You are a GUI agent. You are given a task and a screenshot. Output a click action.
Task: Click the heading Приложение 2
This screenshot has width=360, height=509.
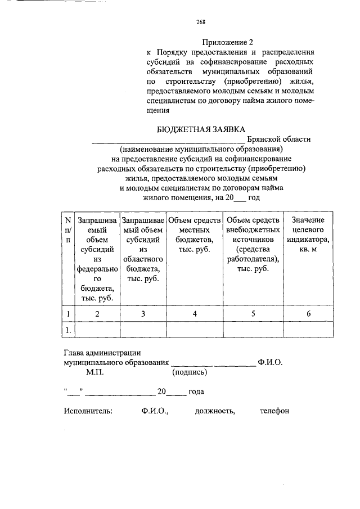coord(228,42)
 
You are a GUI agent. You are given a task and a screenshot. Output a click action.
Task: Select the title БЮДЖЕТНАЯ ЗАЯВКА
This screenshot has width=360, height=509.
coord(201,130)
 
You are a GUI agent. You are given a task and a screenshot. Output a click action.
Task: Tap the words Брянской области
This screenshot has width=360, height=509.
coord(278,139)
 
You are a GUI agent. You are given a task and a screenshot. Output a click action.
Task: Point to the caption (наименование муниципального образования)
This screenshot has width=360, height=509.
coord(201,150)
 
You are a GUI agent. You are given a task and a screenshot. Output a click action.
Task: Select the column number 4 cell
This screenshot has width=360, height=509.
coord(194,314)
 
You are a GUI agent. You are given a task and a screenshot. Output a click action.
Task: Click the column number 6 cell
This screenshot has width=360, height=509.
coord(308,314)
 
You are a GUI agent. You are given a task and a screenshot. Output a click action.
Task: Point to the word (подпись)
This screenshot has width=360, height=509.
coord(190,372)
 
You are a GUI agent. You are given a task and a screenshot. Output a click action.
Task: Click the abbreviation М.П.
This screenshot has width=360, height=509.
coord(94,372)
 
